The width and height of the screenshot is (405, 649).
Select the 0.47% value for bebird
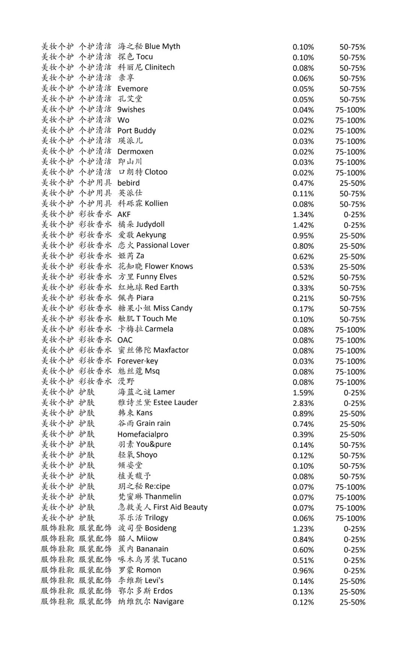[303, 183]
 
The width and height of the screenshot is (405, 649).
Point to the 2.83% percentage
[303, 403]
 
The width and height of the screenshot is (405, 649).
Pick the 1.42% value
[303, 225]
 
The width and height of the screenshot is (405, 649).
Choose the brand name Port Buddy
[136, 131]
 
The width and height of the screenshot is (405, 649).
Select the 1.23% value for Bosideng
[303, 529]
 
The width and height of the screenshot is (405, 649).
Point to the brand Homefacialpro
[142, 434]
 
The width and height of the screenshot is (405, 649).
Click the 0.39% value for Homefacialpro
[303, 435]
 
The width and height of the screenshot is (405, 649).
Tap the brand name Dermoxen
[135, 152]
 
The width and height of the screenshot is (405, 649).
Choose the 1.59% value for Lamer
[303, 393]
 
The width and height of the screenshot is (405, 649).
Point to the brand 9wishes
[131, 110]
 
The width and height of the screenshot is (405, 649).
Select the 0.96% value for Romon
[303, 571]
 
